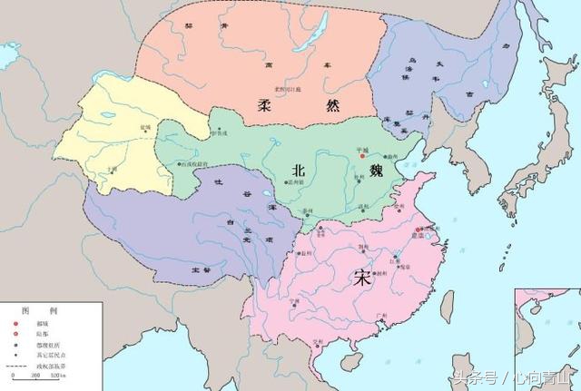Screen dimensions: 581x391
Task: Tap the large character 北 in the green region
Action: [x=299, y=170]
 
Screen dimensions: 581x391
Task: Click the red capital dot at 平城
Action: [x=362, y=156]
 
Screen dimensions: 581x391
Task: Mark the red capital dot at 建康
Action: [x=418, y=231]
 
